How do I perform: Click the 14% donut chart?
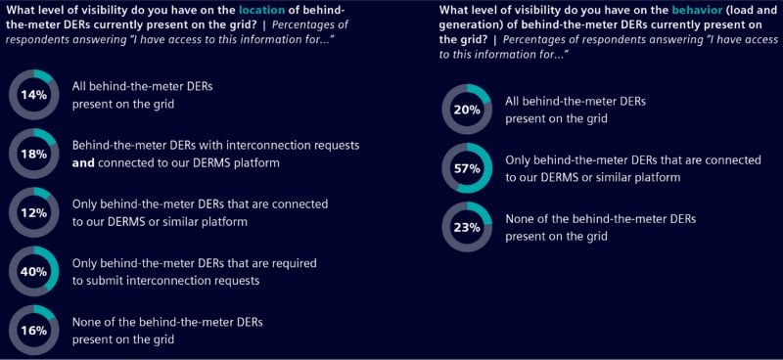[33, 95]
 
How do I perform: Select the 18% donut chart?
[33, 154]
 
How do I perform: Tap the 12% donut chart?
[33, 212]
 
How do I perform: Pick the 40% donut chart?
[33, 271]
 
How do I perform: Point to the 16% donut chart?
[33, 331]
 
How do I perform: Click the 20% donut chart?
[467, 110]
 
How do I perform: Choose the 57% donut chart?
[467, 168]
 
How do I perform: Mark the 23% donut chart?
[467, 227]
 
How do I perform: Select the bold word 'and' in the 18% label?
[84, 162]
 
